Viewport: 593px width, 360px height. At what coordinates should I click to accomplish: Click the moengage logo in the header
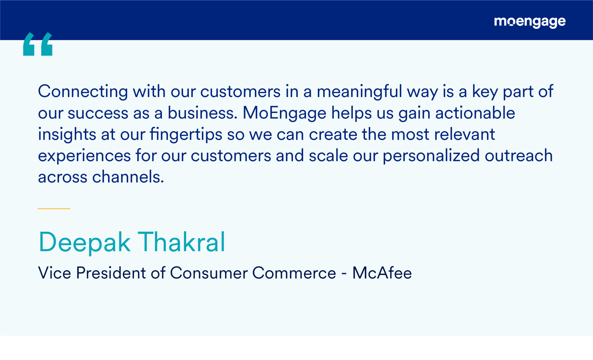point(530,22)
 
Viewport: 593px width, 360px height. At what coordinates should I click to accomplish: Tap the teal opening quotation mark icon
point(38,44)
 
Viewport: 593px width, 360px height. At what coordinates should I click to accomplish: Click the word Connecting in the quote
point(83,91)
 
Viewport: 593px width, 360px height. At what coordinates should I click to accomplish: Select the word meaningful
point(359,91)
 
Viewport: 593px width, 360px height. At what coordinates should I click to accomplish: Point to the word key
point(485,91)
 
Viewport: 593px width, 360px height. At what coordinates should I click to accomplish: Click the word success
point(98,113)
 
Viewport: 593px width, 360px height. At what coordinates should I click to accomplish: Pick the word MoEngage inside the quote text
point(284,113)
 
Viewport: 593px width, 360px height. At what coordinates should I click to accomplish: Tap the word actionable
point(475,113)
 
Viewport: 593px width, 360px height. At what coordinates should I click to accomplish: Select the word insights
point(67,135)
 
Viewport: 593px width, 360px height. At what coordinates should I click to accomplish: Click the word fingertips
point(186,135)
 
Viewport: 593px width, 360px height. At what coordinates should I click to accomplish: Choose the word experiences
point(84,156)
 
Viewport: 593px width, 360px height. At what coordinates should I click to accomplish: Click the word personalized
point(431,156)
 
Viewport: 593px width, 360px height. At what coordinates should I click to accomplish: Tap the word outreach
point(519,155)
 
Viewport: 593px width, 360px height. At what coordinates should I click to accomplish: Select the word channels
point(128,177)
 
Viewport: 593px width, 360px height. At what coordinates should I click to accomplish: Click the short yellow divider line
point(54,208)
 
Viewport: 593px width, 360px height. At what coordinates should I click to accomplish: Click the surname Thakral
point(181,242)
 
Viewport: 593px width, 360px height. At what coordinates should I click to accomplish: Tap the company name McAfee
point(382,273)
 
